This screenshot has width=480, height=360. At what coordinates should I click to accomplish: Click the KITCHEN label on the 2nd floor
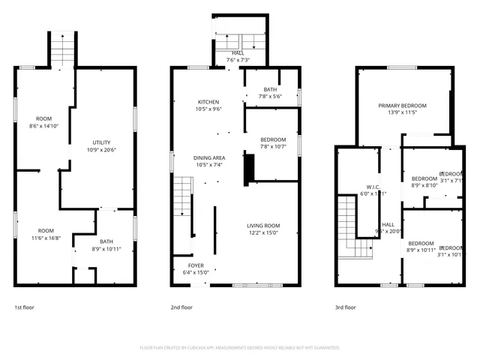point(208,102)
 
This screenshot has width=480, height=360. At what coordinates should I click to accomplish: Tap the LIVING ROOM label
point(263,226)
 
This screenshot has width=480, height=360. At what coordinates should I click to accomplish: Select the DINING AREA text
point(209,158)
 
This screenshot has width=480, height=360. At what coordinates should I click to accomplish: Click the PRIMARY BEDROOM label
point(402,106)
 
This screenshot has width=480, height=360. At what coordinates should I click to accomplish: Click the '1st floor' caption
point(24,307)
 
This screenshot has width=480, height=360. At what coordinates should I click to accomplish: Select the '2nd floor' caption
point(181,307)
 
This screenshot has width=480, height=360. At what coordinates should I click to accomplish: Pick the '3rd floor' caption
point(345,307)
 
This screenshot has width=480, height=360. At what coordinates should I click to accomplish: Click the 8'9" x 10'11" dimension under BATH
point(106,248)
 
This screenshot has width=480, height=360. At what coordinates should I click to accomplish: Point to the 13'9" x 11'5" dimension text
point(402,113)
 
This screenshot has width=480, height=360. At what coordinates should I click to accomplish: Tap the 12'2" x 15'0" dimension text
point(263,232)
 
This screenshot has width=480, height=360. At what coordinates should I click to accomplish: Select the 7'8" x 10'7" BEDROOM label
point(273,139)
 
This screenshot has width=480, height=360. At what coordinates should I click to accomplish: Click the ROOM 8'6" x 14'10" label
point(43,119)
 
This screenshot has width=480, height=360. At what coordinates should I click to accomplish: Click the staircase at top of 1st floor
point(63,50)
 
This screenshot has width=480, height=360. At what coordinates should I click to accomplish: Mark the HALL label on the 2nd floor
point(237,53)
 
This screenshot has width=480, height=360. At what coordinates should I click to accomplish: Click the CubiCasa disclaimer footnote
point(240,348)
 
